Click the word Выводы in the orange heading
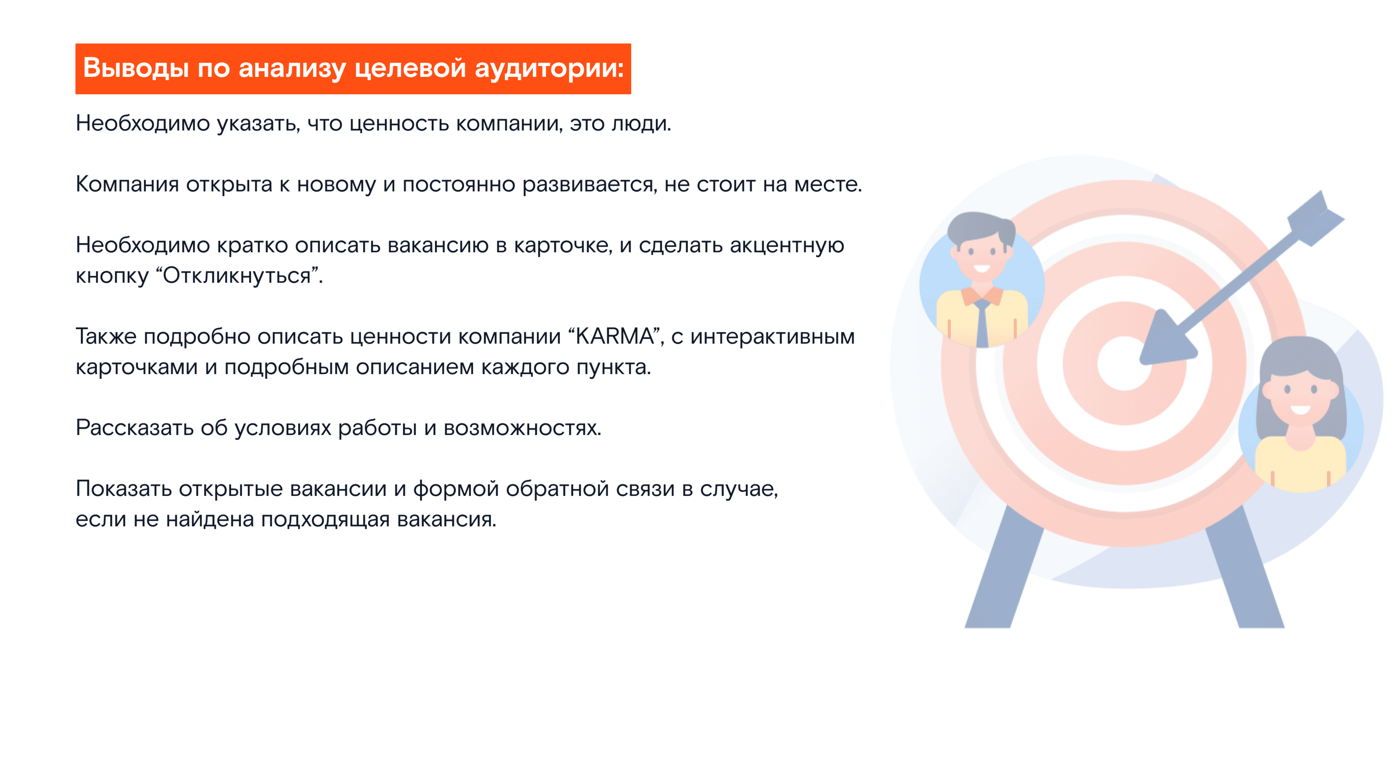136,69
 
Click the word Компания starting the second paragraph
127,185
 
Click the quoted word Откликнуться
237,276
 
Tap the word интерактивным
773,337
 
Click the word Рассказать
134,428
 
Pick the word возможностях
522,428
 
